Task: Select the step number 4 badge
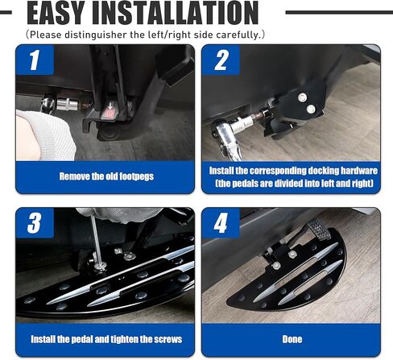(221, 224)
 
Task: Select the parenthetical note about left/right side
(145, 35)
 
